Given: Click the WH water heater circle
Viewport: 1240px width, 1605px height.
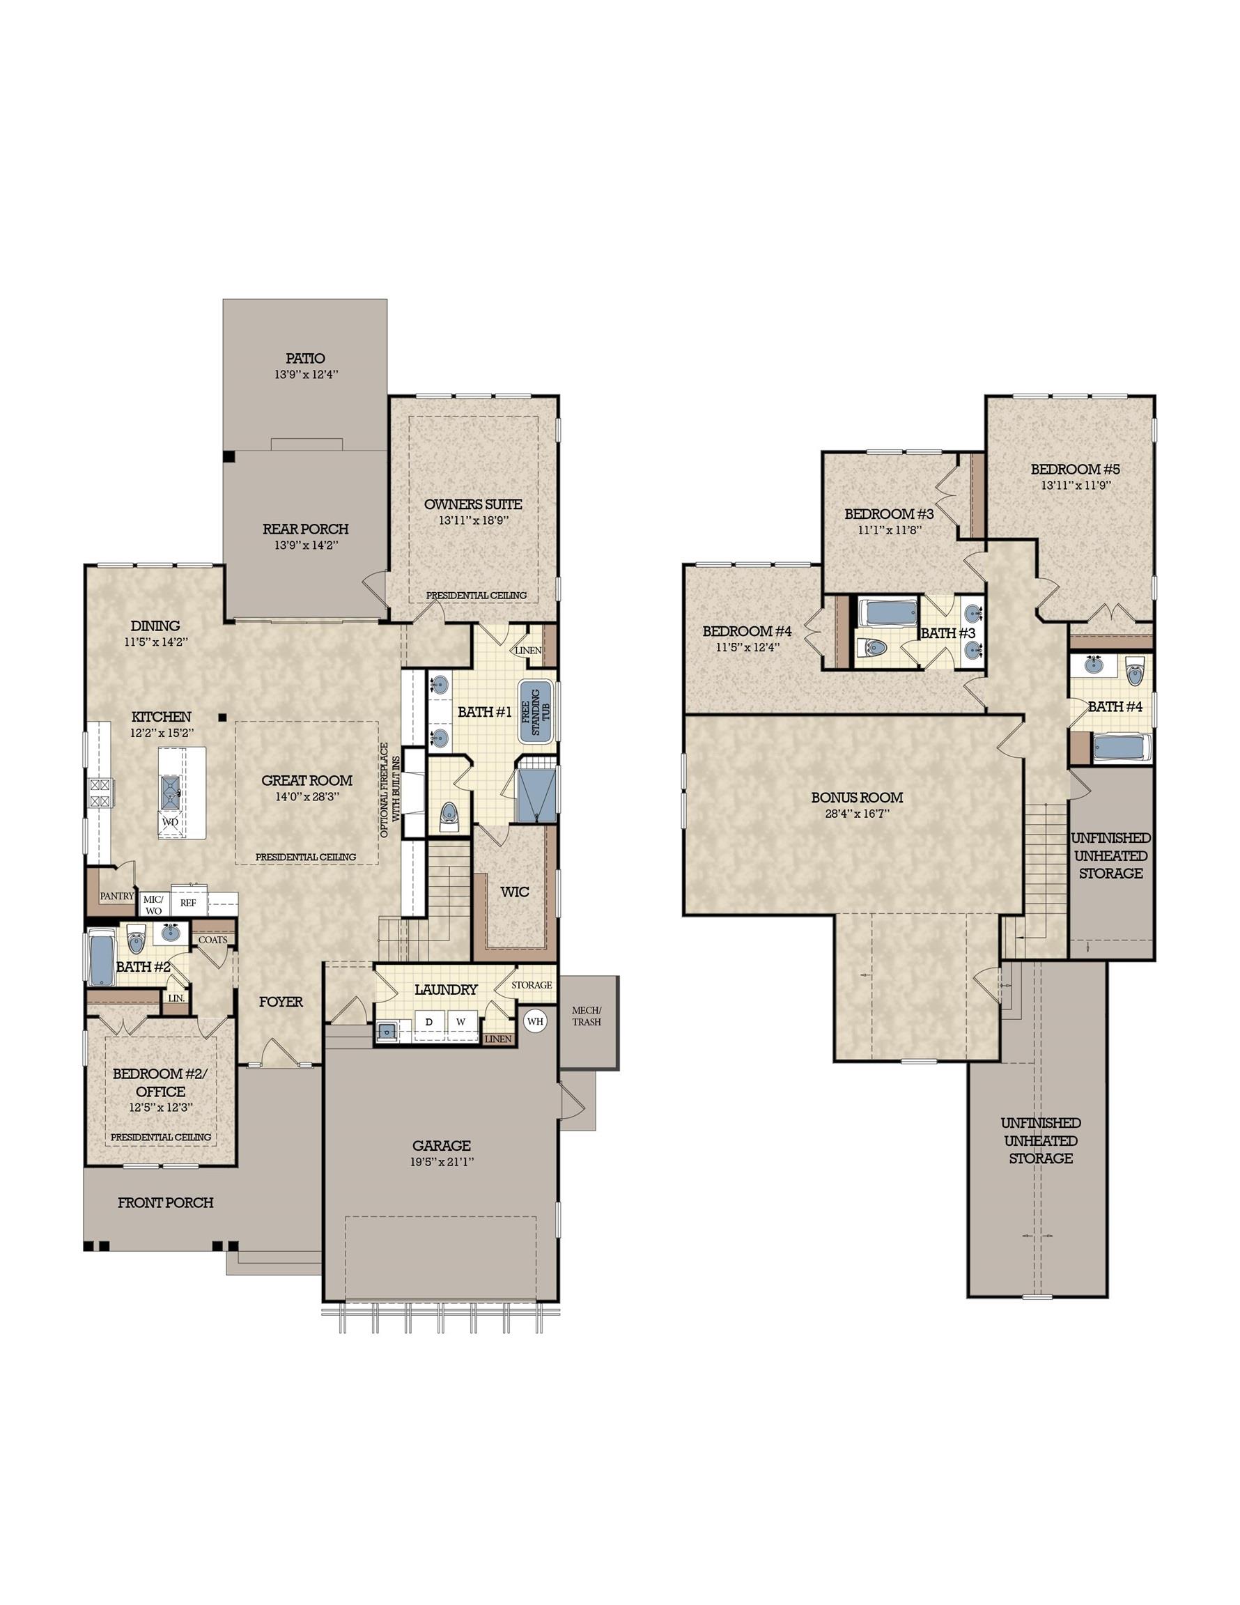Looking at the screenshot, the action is click(535, 1021).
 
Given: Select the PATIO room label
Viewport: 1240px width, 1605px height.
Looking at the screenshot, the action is click(306, 359).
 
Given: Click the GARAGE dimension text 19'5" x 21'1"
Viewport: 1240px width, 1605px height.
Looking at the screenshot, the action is click(441, 1162).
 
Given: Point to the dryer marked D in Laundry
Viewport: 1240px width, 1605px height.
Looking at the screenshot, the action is click(430, 1021).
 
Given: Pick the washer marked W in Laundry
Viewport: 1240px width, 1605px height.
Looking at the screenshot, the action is click(462, 1021).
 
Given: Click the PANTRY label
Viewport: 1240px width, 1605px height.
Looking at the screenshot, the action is click(117, 896).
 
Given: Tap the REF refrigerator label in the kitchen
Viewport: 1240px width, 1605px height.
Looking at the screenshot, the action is click(188, 902).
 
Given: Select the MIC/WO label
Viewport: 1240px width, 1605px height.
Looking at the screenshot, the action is click(153, 905).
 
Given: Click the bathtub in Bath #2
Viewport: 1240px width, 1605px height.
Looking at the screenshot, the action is click(99, 959).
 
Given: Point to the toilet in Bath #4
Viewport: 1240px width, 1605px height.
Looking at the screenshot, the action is click(1134, 671).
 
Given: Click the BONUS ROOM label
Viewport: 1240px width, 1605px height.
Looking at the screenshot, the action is click(857, 798).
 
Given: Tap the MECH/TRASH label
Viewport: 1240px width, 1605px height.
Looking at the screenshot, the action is click(587, 1016).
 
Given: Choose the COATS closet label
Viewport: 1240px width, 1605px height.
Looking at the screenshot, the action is click(213, 939).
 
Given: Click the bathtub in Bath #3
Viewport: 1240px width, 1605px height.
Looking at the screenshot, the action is click(888, 613).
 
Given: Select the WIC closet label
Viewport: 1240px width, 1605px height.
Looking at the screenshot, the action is click(515, 892).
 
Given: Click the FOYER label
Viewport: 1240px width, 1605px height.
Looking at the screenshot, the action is click(281, 1002).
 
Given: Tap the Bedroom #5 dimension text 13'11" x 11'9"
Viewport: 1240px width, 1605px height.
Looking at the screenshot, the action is click(1076, 485).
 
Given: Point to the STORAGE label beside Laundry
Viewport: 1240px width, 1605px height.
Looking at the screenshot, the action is click(532, 985).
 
